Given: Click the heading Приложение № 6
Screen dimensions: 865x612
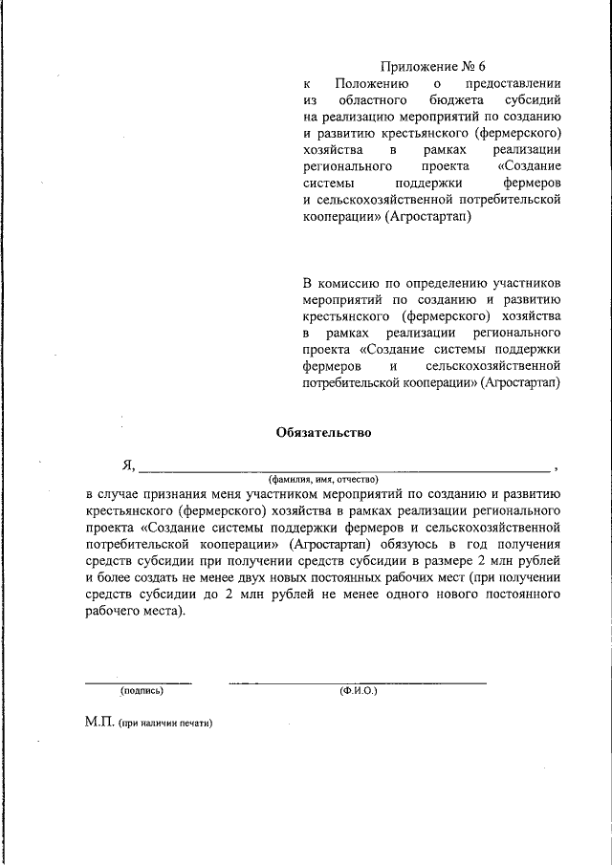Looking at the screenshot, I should tap(434, 67).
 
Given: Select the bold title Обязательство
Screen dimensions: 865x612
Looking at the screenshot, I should tap(323, 431).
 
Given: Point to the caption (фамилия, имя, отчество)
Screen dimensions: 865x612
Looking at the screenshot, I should tap(324, 479).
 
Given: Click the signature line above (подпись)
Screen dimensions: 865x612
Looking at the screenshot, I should tap(139, 682).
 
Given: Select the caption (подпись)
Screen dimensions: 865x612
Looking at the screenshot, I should tap(142, 690).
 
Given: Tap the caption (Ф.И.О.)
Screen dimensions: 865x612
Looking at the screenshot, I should tap(358, 690).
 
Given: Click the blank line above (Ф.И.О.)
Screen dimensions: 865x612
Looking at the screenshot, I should tap(358, 682).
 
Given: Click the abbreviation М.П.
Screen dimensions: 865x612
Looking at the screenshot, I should tap(99, 724).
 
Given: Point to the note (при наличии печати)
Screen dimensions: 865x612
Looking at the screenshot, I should tap(164, 724).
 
